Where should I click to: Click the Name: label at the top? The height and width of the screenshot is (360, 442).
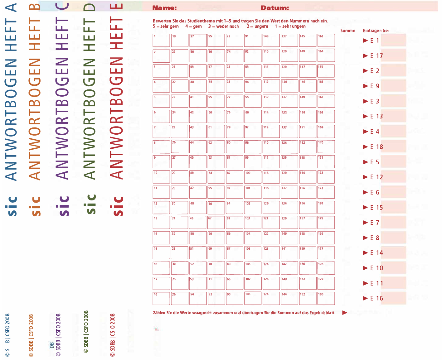point(164,8)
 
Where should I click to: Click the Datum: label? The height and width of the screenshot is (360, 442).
point(275,8)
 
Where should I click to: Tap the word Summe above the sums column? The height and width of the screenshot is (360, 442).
point(348,31)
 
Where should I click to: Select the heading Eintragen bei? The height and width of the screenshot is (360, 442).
point(376,31)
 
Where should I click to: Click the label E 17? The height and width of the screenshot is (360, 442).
point(376,56)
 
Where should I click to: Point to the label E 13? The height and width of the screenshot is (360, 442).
point(376,116)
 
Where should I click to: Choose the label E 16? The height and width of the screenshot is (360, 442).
point(376,298)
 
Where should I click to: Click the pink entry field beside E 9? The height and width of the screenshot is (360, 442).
point(393,86)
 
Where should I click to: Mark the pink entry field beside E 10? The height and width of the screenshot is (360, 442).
point(393,268)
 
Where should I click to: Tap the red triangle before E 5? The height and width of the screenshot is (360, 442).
point(366,162)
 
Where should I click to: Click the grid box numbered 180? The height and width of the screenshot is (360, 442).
point(326,298)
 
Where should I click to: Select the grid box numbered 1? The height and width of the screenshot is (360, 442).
point(161,41)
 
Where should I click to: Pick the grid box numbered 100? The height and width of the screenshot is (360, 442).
point(253,177)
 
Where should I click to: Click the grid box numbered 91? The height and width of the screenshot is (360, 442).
point(253,41)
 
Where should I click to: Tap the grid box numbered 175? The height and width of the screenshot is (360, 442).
point(326,223)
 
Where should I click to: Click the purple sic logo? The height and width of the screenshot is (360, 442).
point(64,206)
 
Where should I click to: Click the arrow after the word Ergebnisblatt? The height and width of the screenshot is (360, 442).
point(345,313)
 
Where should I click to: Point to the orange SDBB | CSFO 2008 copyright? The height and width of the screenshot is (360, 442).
point(31,336)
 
